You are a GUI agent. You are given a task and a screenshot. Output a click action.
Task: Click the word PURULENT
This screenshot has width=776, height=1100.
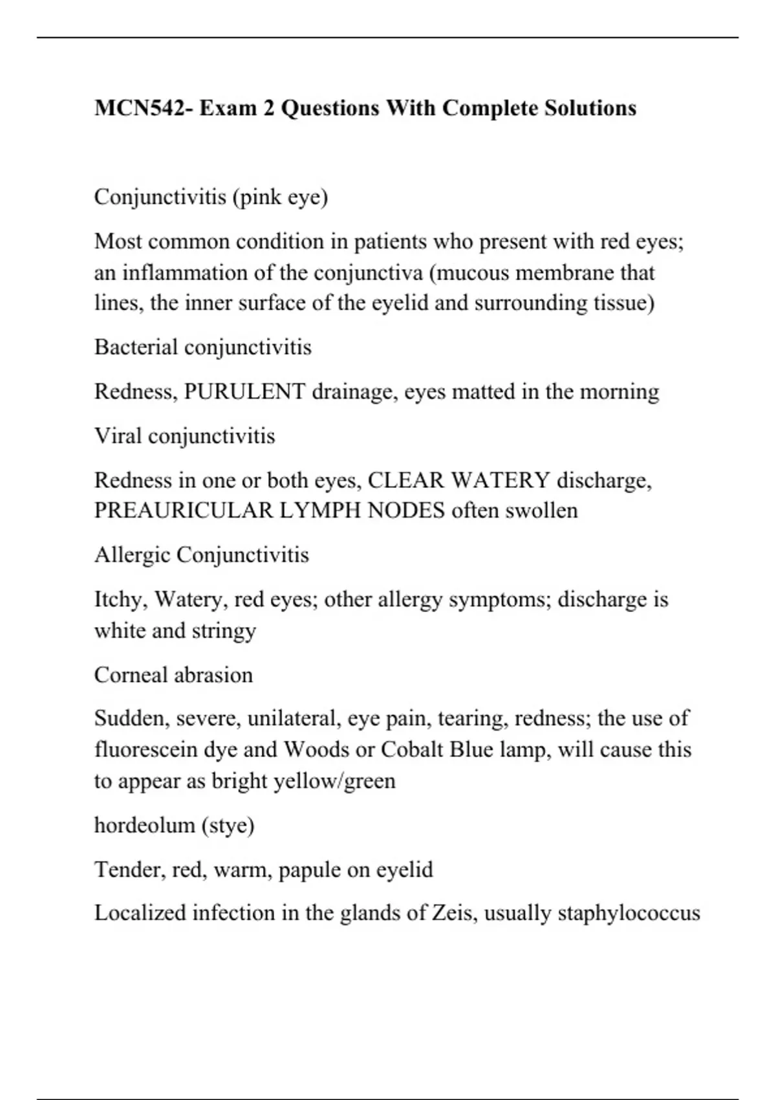click(x=244, y=391)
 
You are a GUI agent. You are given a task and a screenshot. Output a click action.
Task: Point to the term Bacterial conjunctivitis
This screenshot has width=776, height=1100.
click(x=202, y=347)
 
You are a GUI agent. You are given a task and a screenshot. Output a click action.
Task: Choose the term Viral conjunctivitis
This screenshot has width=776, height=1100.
click(x=184, y=436)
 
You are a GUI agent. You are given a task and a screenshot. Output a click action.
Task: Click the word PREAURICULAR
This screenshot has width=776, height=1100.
click(x=184, y=511)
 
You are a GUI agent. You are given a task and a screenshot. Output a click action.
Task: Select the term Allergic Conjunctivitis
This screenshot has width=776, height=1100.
click(x=201, y=555)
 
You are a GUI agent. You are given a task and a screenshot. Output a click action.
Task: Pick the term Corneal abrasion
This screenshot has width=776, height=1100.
click(x=173, y=675)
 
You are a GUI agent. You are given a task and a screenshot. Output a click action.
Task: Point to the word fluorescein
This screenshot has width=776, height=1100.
click(x=146, y=749)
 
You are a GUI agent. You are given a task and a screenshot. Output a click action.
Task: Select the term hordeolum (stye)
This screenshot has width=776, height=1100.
click(x=174, y=825)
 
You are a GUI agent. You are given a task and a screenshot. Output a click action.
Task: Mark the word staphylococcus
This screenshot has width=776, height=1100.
click(x=629, y=913)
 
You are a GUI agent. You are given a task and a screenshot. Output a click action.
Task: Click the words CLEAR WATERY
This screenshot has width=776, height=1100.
click(x=458, y=480)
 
